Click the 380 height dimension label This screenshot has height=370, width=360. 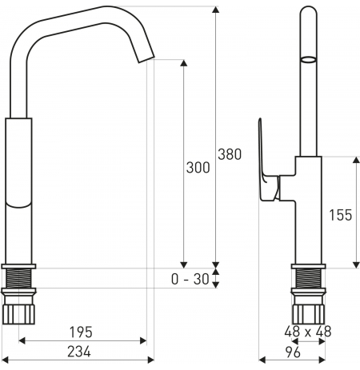coord(230,154)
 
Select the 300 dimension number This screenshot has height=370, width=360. coord(198,168)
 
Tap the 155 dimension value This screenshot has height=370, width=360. coord(341,215)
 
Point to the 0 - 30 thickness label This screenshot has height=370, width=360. coord(190,279)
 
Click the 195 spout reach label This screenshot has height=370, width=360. coord(81,332)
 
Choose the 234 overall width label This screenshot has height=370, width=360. coord(79,352)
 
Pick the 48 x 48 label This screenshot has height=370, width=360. coord(308,332)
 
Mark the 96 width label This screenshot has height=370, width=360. coord(293,352)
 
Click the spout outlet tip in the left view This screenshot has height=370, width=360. coord(146,60)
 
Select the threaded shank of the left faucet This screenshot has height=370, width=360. coord(18,278)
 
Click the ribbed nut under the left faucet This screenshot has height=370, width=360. coord(18,314)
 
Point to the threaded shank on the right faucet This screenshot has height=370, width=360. coord(309,278)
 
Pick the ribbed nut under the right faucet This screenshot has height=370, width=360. coord(309,314)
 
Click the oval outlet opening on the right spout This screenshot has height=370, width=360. coord(309,59)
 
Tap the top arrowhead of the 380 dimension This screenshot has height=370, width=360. coord(215,10)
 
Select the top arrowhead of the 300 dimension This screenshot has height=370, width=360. coord(183,63)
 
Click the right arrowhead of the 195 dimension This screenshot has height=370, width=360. coord(143,340)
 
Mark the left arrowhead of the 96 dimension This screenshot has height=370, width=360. coord(262,360)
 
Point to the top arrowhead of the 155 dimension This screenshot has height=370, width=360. coord(356,160)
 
